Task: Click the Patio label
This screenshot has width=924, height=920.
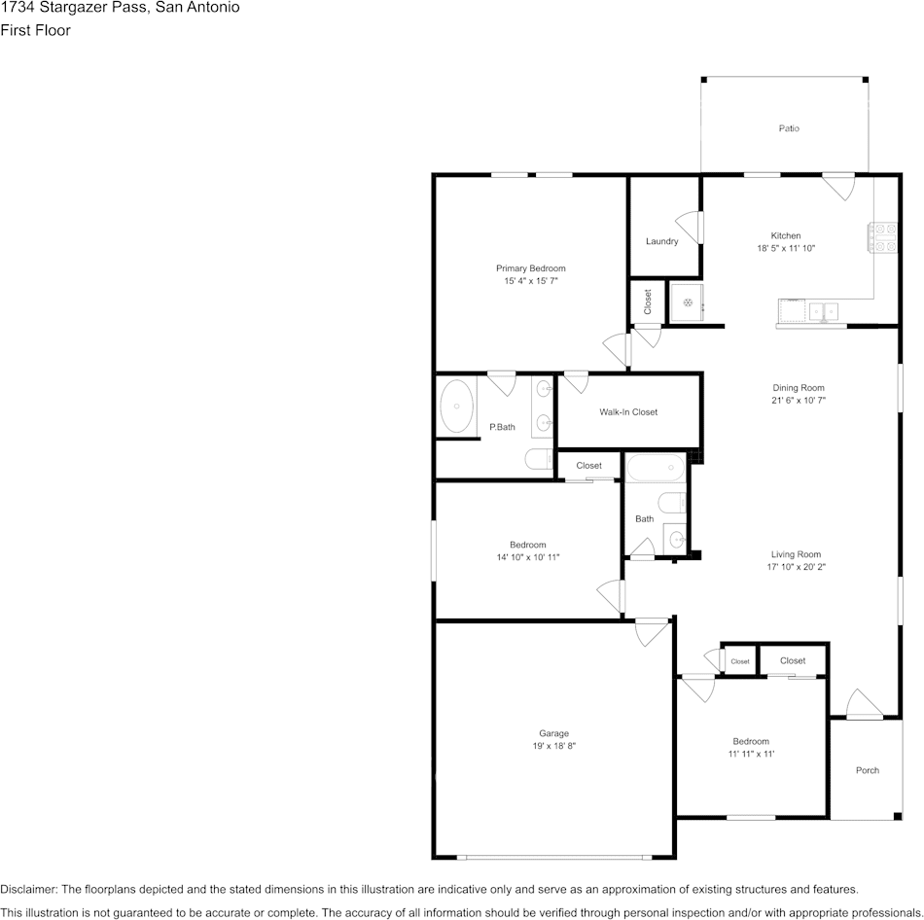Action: [789, 128]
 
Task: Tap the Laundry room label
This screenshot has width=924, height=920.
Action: [661, 241]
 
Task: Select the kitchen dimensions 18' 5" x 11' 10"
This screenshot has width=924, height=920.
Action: [786, 248]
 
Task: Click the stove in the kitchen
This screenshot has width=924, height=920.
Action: [881, 237]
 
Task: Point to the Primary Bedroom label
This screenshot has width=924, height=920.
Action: [530, 268]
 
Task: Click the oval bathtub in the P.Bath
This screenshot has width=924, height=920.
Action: [457, 407]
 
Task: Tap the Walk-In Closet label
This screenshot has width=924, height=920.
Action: [628, 412]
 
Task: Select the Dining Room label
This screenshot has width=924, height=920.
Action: [799, 388]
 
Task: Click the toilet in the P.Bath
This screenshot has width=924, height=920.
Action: [539, 458]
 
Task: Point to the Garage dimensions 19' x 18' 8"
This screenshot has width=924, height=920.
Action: [554, 746]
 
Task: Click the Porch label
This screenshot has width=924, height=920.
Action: [868, 770]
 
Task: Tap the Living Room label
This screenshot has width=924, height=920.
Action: [797, 554]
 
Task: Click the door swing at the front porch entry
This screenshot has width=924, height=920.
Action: [865, 704]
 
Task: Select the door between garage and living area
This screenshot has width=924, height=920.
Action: [653, 632]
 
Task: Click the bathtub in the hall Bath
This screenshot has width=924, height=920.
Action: [656, 468]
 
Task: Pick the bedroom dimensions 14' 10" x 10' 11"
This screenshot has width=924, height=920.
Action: [528, 557]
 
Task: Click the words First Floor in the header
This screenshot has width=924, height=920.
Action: [35, 30]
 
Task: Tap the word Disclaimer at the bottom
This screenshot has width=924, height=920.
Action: [27, 889]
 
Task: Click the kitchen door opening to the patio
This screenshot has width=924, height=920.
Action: [838, 187]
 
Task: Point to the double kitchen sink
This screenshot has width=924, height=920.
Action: [824, 310]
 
